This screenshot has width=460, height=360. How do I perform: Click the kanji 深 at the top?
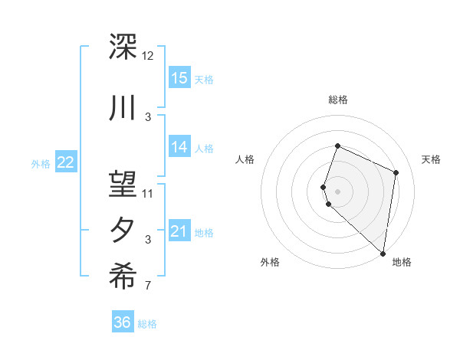[123, 47]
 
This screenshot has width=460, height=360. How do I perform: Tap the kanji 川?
[123, 108]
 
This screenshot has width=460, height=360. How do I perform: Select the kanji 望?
[123, 183]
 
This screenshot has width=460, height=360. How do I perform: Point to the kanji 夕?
[123, 231]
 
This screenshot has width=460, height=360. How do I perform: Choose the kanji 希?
[123, 277]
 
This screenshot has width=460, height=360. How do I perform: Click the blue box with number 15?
[179, 77]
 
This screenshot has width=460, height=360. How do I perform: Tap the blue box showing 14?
[179, 147]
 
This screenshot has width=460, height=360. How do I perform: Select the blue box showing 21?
[179, 231]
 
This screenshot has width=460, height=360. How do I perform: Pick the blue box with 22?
[66, 162]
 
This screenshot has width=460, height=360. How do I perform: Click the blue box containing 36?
[123, 322]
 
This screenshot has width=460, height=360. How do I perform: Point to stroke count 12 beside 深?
[148, 56]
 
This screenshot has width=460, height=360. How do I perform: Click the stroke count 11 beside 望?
[148, 193]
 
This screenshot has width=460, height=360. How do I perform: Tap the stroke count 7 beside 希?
[148, 286]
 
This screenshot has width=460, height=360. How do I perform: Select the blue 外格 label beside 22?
[41, 162]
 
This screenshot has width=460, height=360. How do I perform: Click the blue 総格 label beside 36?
[147, 324]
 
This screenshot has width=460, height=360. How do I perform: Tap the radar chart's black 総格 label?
[337, 100]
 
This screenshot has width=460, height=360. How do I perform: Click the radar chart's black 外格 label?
[270, 262]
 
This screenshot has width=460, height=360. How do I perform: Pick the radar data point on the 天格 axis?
[396, 172]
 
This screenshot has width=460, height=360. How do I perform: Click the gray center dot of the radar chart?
[337, 191]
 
